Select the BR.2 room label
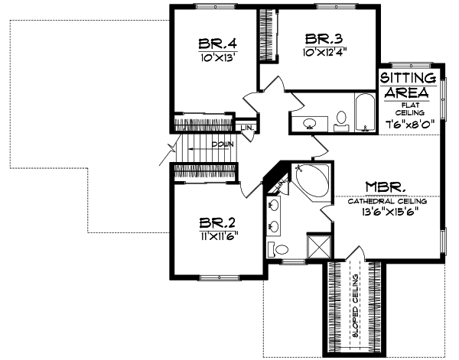(x=216, y=223)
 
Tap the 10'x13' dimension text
(x=214, y=57)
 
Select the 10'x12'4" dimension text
(x=324, y=52)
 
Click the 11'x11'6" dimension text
(x=216, y=236)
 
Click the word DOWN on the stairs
(x=222, y=144)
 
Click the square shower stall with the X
(x=317, y=246)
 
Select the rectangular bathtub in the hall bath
(x=363, y=113)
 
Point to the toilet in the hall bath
(x=340, y=119)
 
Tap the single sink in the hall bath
(x=311, y=122)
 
